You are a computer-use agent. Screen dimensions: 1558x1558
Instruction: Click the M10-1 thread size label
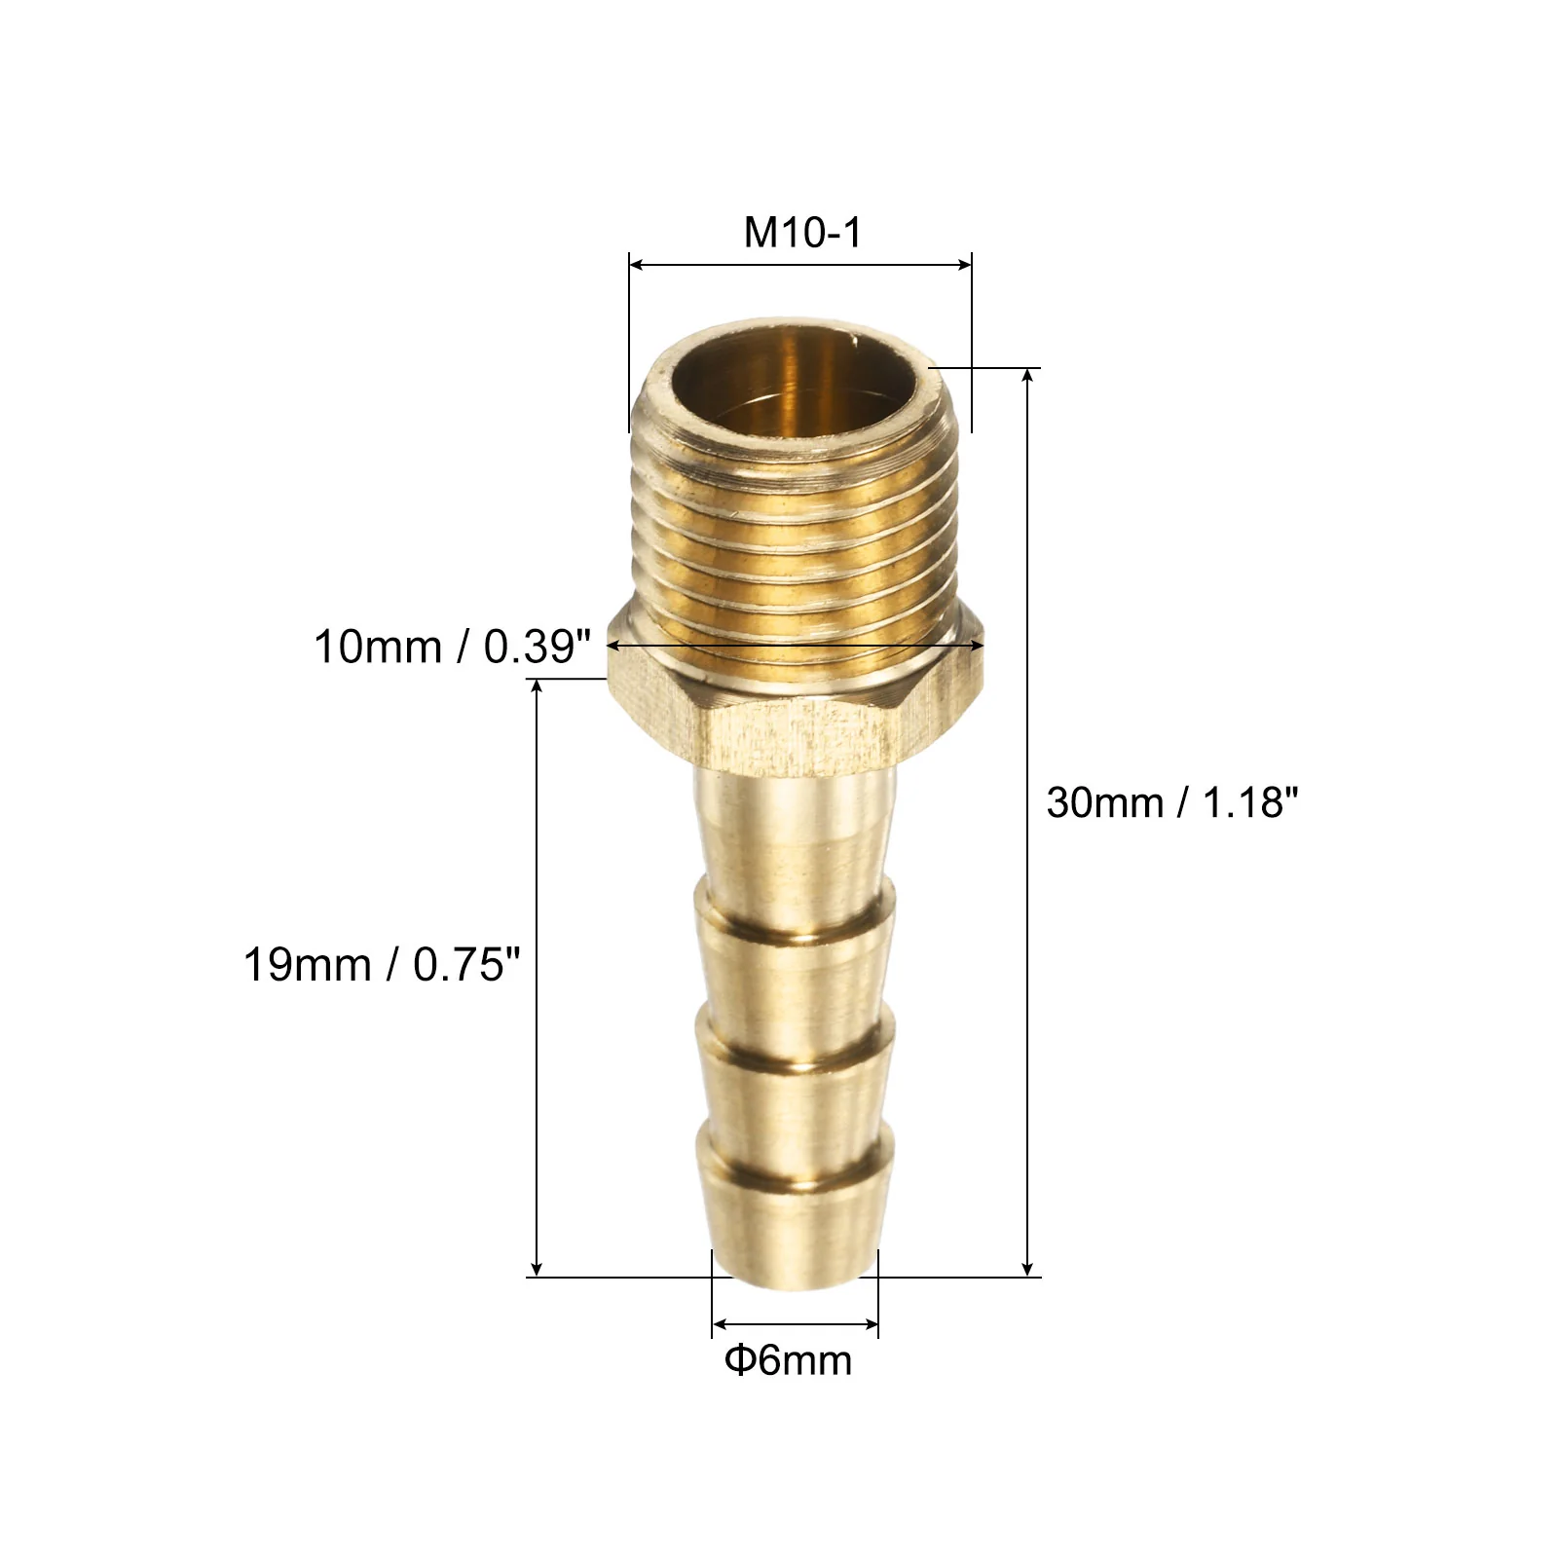point(802,233)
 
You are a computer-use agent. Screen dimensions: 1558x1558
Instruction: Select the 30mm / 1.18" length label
point(1172,802)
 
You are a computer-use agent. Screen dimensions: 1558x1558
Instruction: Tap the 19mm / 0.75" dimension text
point(382,965)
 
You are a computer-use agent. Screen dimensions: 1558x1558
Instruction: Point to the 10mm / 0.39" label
point(452,647)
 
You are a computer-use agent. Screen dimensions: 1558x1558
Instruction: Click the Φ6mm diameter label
point(788,1359)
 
